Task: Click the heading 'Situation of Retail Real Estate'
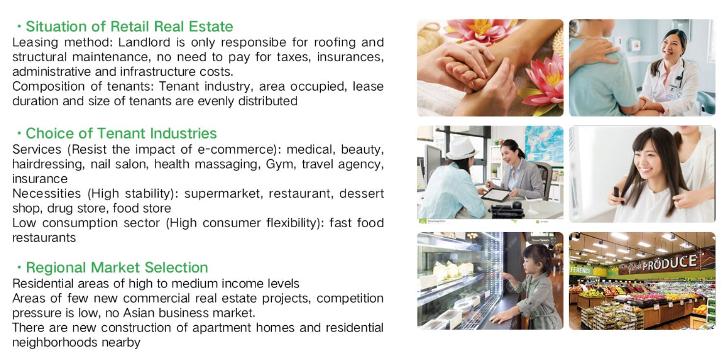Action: pos(129,26)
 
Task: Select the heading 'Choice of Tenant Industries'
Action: pos(121,133)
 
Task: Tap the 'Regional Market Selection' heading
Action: pos(117,267)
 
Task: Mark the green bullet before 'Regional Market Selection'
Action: pos(20,267)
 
